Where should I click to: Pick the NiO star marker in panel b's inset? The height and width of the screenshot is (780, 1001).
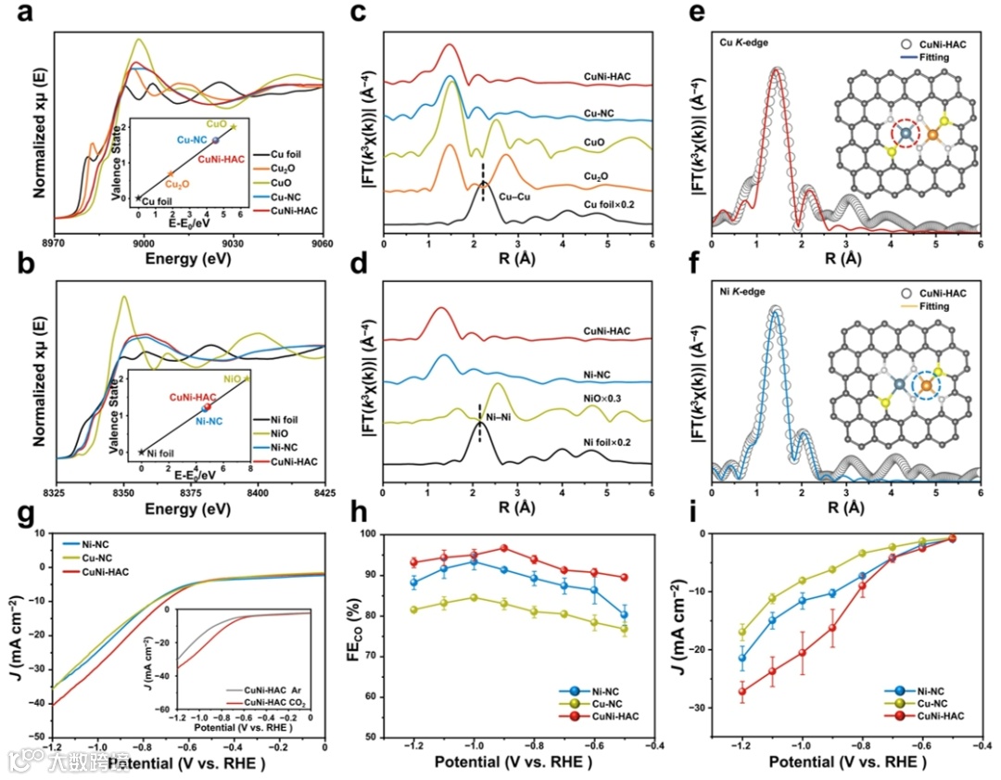tap(247, 378)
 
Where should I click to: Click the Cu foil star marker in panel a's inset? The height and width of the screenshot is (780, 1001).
tap(139, 198)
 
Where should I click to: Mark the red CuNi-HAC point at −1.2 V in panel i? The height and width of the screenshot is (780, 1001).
tap(741, 691)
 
